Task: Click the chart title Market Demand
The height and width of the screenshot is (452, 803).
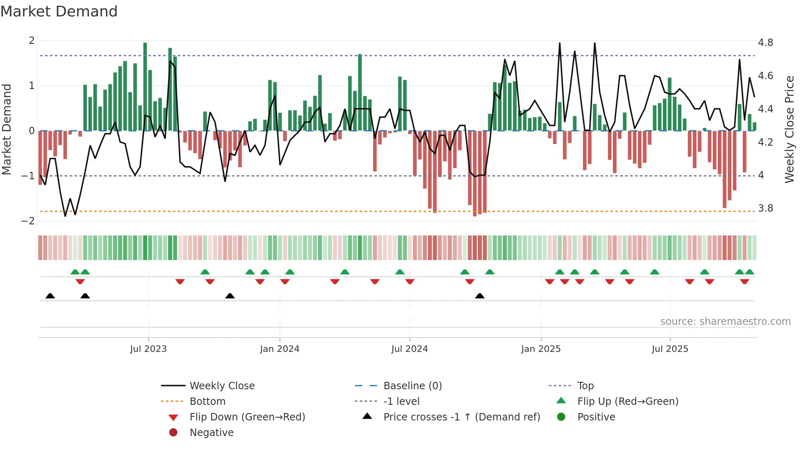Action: (59, 11)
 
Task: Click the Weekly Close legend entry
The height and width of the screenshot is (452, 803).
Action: (222, 386)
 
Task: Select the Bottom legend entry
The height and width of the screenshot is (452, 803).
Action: (207, 401)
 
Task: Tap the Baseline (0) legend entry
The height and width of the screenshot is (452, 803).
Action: (412, 386)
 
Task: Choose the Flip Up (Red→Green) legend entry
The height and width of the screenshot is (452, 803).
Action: (628, 401)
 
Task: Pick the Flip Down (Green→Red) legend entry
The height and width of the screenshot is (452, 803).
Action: (247, 417)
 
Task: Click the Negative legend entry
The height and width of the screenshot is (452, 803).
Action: (211, 432)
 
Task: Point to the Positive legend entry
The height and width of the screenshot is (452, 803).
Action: (596, 417)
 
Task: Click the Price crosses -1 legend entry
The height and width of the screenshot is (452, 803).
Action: (461, 417)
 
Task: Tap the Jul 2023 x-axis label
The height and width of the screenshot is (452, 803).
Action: (148, 349)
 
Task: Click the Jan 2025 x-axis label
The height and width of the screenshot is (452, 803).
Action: (541, 349)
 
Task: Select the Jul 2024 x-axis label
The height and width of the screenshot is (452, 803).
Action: (409, 349)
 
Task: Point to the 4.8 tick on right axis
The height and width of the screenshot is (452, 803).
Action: (765, 43)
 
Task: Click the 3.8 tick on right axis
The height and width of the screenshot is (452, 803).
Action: (765, 208)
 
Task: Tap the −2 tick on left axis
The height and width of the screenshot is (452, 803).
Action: (28, 221)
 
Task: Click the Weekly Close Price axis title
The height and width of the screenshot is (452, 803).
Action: (789, 129)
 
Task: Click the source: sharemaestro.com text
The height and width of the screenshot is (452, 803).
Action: (725, 321)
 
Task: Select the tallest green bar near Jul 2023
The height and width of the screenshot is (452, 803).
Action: (145, 86)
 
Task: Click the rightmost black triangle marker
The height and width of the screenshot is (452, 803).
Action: (480, 296)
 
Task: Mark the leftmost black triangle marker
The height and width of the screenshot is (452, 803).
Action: (50, 296)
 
